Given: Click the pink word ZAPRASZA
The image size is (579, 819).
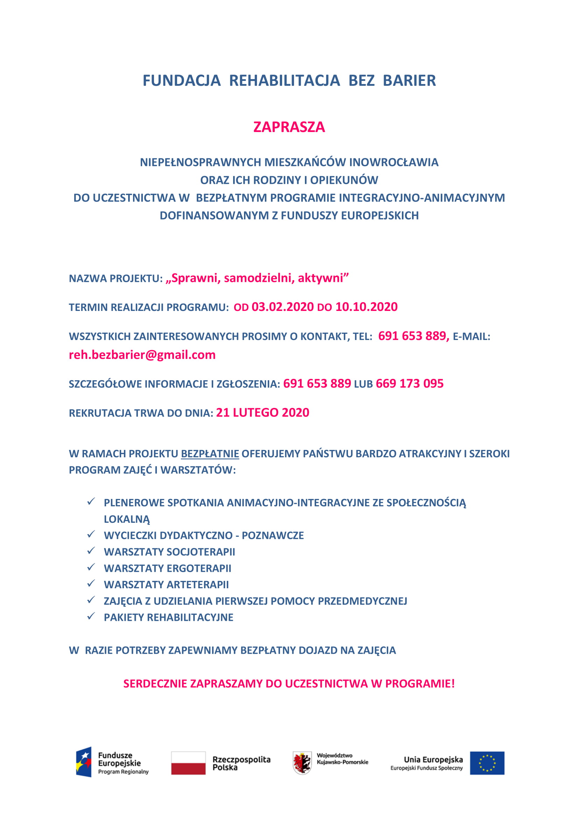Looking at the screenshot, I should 289,127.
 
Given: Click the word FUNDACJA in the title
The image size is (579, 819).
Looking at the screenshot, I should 181,81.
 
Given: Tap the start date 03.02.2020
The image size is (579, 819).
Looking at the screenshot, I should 282,307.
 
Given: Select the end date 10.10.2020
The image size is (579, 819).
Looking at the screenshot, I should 366,307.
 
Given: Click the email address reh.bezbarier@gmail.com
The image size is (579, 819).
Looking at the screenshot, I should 142,355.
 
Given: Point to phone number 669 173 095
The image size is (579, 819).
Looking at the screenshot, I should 409,383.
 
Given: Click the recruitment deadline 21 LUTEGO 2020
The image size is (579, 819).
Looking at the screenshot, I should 263,412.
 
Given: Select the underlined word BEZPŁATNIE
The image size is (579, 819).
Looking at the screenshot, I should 210,454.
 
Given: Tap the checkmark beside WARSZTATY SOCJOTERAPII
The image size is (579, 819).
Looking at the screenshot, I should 91,551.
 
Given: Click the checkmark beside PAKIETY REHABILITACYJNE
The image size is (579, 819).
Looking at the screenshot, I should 91,617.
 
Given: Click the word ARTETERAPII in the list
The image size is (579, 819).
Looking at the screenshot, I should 198,585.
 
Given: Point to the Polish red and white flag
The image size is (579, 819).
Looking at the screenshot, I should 188,763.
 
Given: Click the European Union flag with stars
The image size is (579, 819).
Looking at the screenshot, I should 487,763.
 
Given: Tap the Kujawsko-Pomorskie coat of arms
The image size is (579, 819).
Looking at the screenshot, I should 302,763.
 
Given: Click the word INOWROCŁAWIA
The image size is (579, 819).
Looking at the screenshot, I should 393,162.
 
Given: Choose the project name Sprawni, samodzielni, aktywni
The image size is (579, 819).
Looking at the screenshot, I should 257,278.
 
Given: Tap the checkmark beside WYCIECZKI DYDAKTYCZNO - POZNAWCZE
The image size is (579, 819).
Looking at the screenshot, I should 91,535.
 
